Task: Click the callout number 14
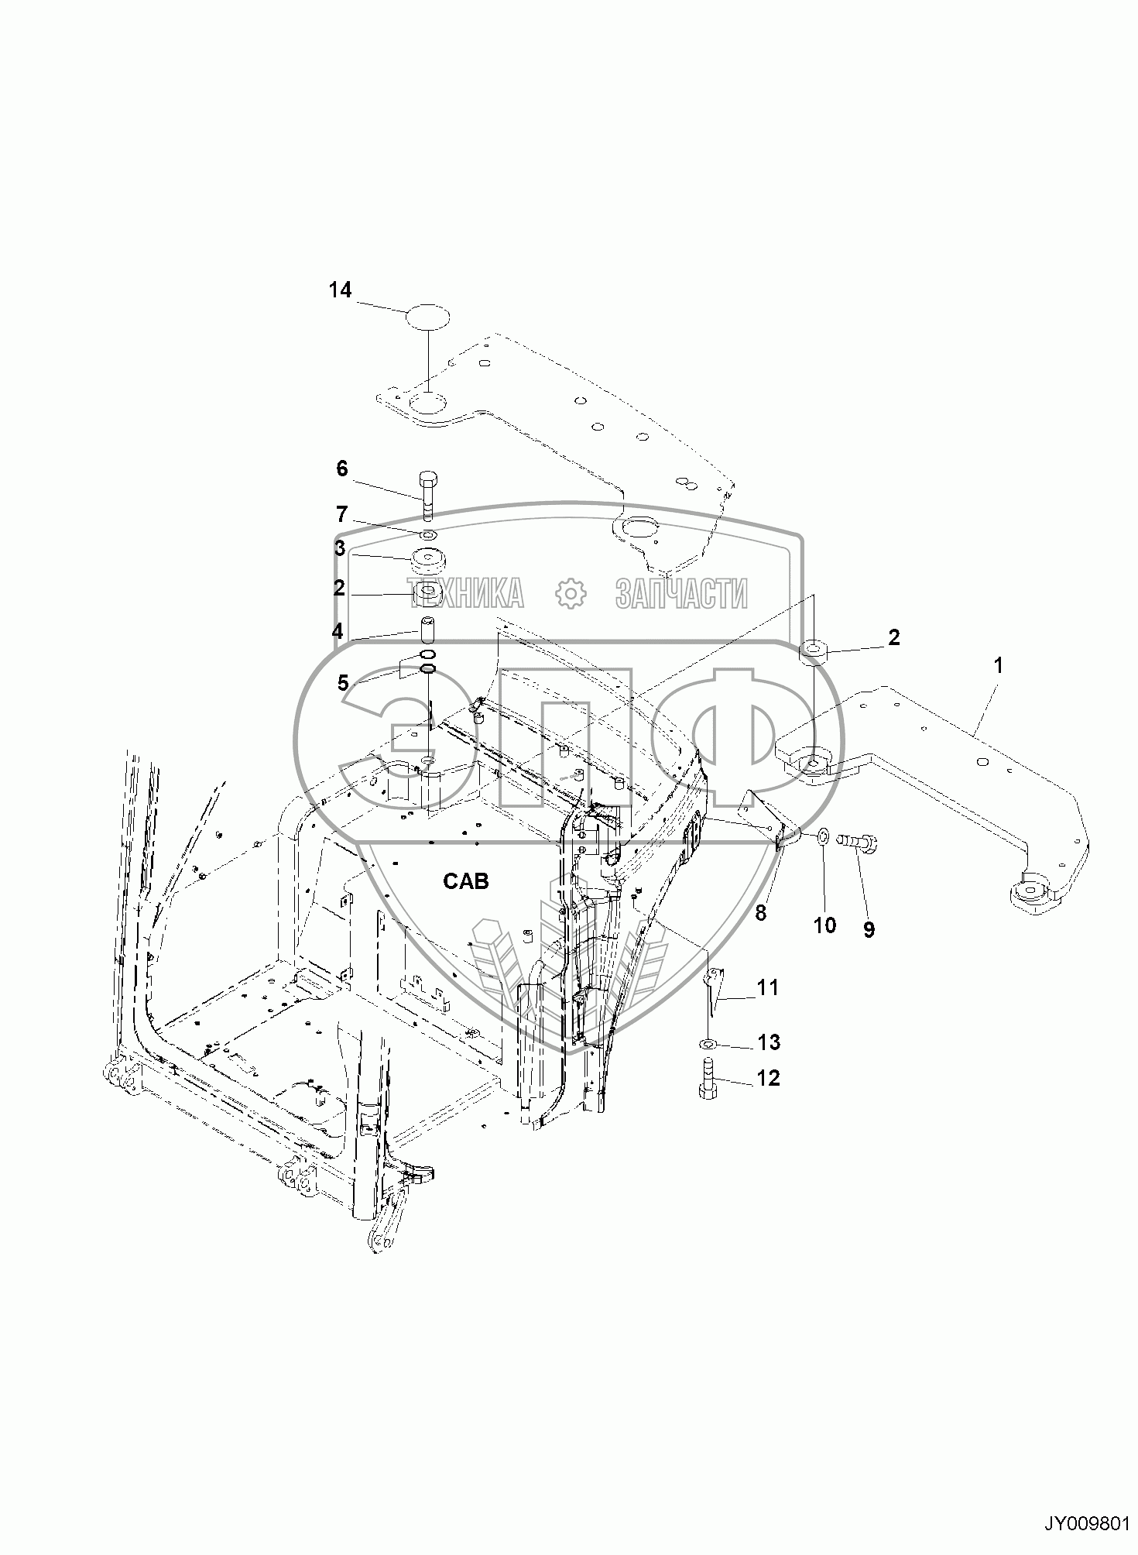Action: (340, 290)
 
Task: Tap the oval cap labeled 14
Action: (429, 318)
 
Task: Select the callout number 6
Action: (341, 469)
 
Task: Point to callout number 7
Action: (341, 514)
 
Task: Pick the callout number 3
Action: (340, 548)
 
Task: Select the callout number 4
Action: (338, 632)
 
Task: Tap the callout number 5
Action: (343, 683)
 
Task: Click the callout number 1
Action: (998, 665)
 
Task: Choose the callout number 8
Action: (760, 913)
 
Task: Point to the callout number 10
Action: (824, 925)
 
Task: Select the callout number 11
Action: (767, 987)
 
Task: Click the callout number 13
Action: (768, 1042)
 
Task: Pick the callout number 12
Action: (768, 1077)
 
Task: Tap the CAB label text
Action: (466, 880)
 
